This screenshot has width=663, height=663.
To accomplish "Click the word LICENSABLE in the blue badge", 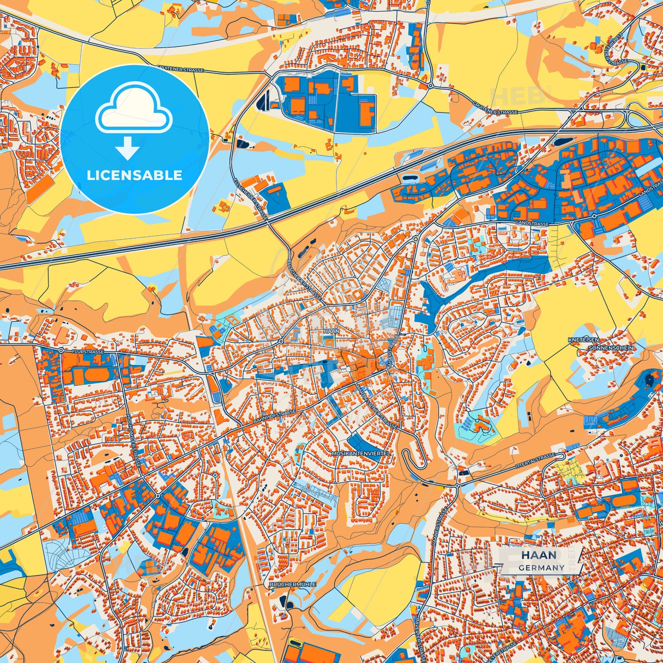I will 134,175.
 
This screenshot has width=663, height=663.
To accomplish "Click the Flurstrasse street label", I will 88,351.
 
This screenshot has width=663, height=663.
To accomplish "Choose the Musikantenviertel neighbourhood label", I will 361,453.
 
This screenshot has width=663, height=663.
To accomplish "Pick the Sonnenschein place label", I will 611,348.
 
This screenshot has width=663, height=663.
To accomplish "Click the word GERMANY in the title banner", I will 541,568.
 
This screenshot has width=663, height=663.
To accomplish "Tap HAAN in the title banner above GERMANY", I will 539,555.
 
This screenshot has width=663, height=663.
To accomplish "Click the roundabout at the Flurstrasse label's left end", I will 61,350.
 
